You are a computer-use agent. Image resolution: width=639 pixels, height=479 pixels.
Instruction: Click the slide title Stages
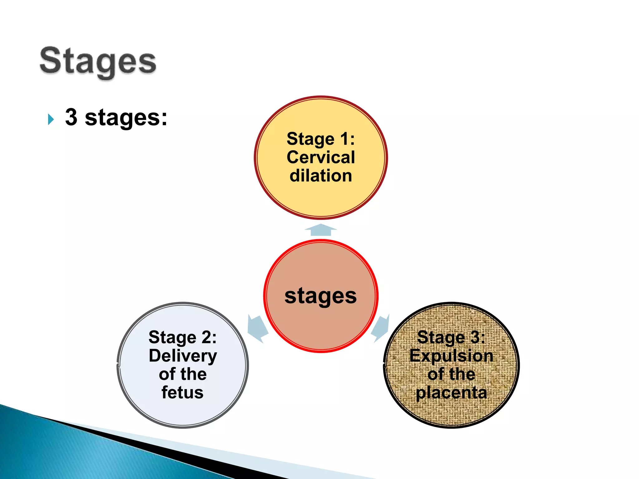[98, 61]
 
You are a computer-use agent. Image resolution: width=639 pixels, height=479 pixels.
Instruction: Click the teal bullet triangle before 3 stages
[51, 119]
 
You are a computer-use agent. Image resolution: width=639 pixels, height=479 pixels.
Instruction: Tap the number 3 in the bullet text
[71, 117]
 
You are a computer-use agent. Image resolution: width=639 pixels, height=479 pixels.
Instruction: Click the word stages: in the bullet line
[126, 118]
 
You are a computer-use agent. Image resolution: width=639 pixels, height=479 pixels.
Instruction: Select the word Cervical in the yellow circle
[321, 157]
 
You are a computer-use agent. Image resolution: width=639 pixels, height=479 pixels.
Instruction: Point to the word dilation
[321, 176]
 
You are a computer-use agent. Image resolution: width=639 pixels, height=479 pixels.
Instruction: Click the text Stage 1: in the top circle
[321, 139]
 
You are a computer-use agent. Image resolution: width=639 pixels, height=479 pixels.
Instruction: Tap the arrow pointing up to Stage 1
[321, 230]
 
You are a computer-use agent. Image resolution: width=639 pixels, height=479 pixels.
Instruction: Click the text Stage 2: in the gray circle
[183, 337]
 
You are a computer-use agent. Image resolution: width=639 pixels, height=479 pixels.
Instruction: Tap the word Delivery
[183, 356]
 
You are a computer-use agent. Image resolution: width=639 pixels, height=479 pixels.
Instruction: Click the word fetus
[183, 392]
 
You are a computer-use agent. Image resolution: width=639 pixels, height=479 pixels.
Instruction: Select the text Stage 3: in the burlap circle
[451, 337]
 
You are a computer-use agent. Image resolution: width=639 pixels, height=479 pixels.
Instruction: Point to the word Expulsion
[451, 356]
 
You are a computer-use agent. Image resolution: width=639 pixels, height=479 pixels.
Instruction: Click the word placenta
[451, 393]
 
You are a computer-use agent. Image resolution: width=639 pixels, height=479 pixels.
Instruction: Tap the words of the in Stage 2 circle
[183, 374]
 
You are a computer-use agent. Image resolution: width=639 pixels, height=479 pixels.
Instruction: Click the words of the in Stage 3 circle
[451, 374]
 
